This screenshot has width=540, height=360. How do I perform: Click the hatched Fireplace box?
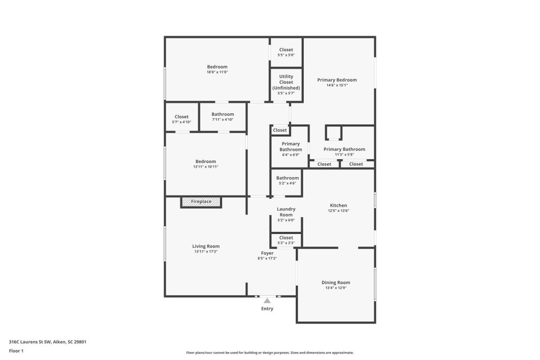[201, 202]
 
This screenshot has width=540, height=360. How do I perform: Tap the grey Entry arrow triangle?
[267, 301]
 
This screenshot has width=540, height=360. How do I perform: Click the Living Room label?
[206, 246]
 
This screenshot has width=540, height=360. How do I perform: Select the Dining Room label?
[336, 282]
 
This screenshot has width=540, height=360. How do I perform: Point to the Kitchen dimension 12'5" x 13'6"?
[339, 210]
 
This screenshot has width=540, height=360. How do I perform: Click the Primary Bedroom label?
[337, 79]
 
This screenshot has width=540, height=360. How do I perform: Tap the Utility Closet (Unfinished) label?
[286, 82]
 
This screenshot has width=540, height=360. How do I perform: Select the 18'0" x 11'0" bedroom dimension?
[217, 72]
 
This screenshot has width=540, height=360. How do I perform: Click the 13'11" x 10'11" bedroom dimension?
[206, 166]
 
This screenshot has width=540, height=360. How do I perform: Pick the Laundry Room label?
[286, 211]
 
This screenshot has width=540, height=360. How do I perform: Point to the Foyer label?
[267, 253]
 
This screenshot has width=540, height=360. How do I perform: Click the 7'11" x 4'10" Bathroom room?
[223, 117]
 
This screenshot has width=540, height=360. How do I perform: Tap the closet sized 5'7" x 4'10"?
[182, 117]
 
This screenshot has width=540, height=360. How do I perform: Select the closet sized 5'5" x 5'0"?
[286, 52]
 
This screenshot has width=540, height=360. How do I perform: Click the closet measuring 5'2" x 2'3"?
[286, 240]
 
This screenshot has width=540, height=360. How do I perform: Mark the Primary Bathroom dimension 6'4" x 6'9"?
[291, 155]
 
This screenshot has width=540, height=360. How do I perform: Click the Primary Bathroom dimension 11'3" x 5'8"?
[344, 155]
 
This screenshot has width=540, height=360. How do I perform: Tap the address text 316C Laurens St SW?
[30, 342]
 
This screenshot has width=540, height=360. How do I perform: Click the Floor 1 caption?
[16, 351]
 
